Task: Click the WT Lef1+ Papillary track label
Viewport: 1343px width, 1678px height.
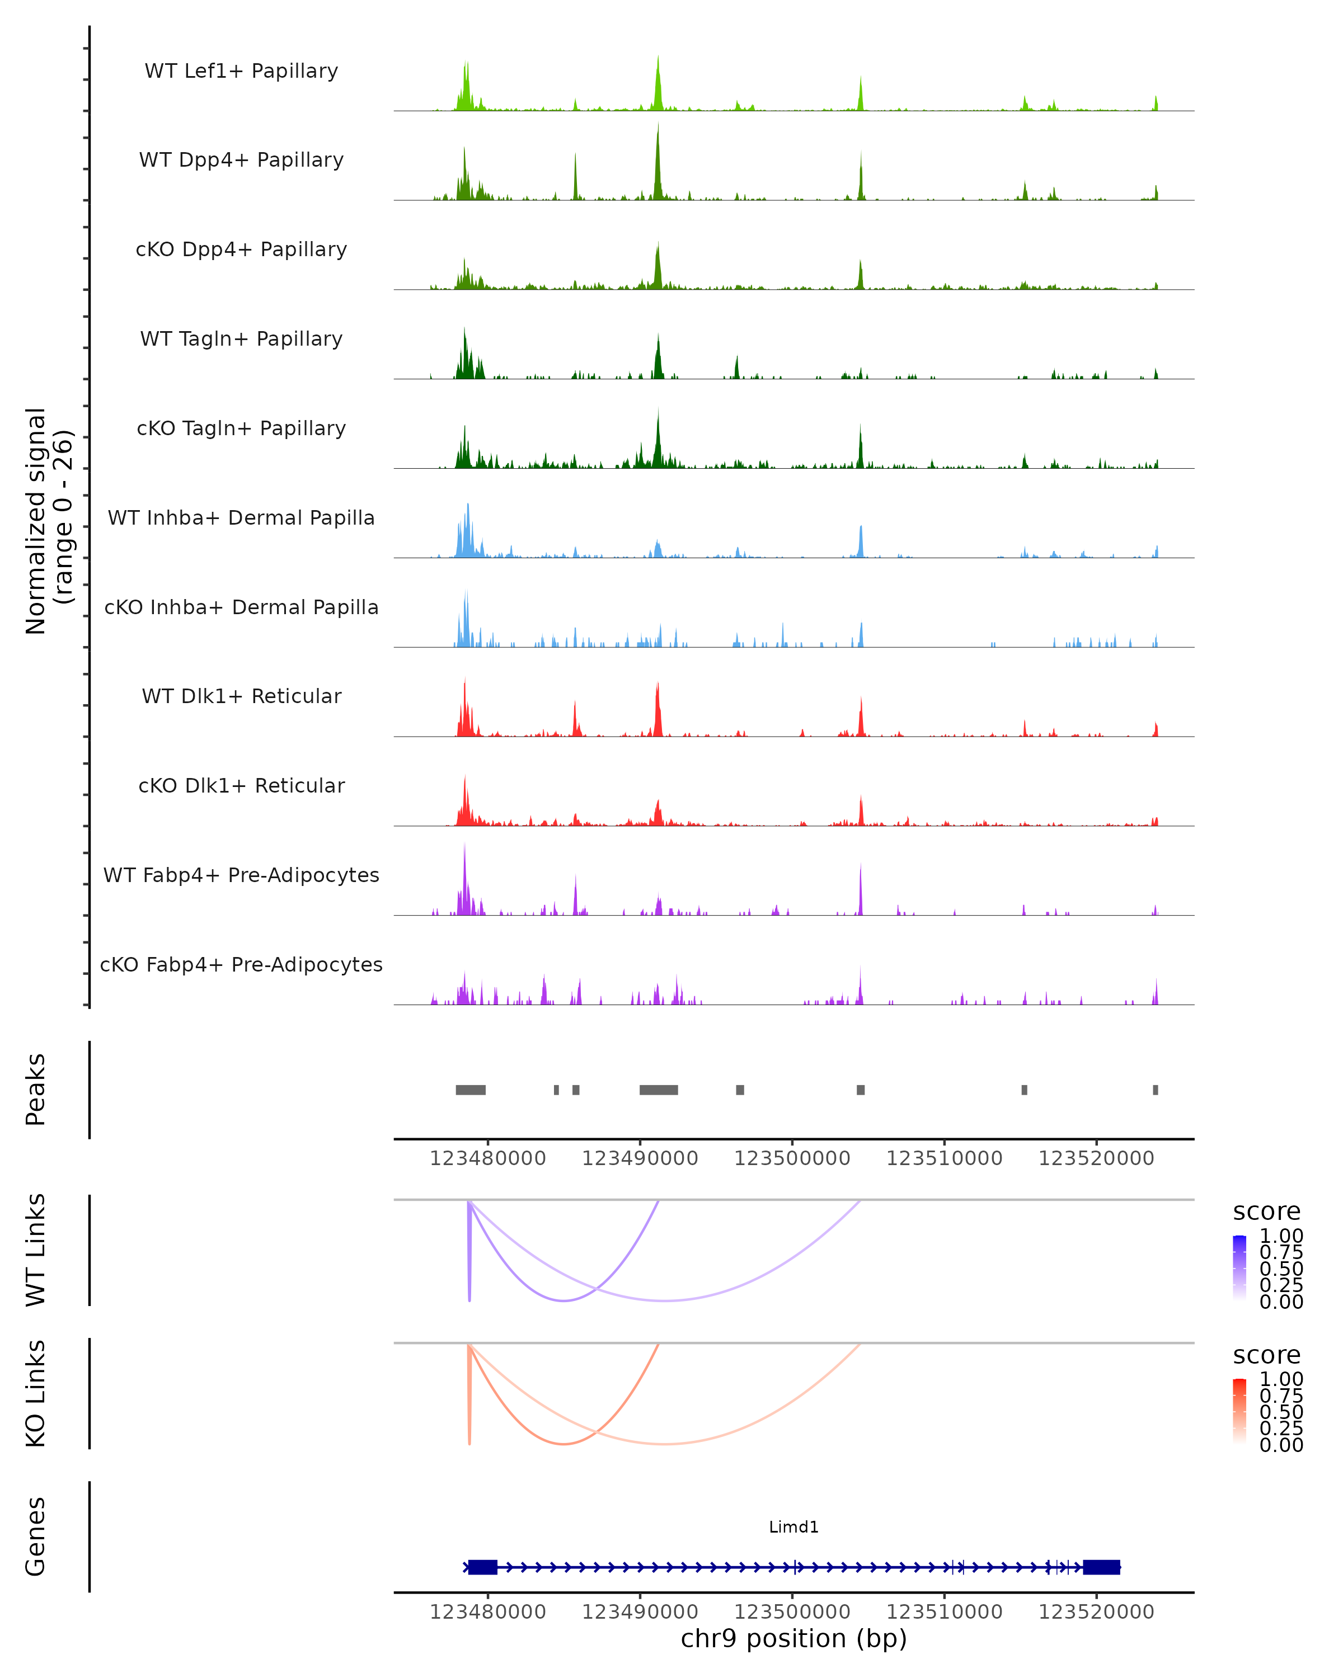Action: pyautogui.click(x=241, y=71)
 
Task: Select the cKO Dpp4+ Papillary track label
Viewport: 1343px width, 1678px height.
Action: pyautogui.click(x=241, y=250)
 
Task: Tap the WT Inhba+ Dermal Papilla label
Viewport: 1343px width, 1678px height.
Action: pyautogui.click(x=241, y=519)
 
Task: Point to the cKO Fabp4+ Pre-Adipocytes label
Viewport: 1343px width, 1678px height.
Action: pyautogui.click(x=241, y=965)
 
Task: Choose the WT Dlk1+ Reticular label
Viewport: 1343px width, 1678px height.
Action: pyautogui.click(x=241, y=696)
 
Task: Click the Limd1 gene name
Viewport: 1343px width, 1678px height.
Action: pyautogui.click(x=793, y=1528)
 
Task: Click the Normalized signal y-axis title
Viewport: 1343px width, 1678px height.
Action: pyautogui.click(x=48, y=521)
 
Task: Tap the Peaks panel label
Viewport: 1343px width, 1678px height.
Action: pyautogui.click(x=36, y=1090)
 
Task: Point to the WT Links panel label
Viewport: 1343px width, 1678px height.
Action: pyautogui.click(x=36, y=1251)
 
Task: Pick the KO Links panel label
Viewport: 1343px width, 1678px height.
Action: pyautogui.click(x=36, y=1394)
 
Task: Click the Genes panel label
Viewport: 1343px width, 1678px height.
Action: pyautogui.click(x=36, y=1537)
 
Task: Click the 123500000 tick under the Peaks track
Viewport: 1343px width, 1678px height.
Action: pyautogui.click(x=792, y=1159)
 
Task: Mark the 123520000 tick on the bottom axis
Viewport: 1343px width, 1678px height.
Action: pyautogui.click(x=1096, y=1612)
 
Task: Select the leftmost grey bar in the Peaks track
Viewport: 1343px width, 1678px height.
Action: pyautogui.click(x=470, y=1090)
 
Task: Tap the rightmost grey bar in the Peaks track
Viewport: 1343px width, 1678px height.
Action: pyautogui.click(x=1156, y=1090)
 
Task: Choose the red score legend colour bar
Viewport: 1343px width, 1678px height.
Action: pyautogui.click(x=1239, y=1411)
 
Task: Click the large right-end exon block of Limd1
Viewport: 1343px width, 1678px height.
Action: pyautogui.click(x=1101, y=1567)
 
